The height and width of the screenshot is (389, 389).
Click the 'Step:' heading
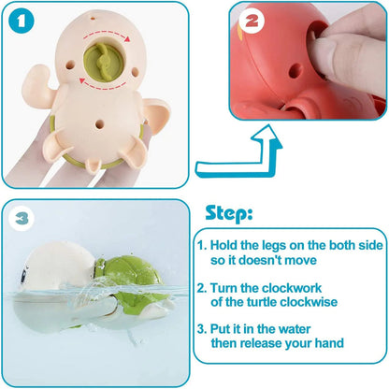(x=229, y=213)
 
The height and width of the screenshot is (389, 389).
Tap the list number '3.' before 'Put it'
(x=203, y=330)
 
